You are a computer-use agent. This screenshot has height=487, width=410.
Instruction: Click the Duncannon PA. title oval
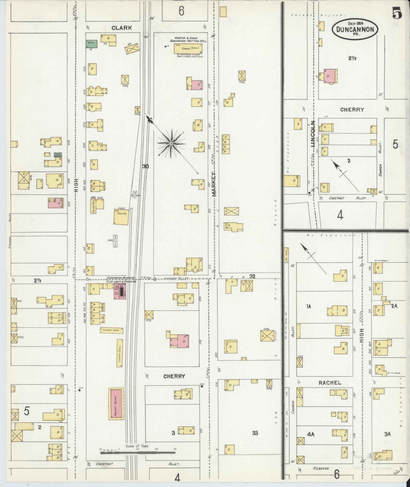[355, 29]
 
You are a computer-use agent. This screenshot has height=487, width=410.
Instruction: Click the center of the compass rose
[171, 144]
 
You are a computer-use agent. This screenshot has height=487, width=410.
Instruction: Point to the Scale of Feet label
[137, 446]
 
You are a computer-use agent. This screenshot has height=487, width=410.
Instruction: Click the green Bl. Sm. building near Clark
[92, 44]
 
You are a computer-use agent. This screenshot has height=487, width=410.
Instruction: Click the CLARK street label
[122, 28]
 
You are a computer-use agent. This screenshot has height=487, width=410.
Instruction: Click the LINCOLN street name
[313, 134]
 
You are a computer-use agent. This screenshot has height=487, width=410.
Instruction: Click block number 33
[255, 432]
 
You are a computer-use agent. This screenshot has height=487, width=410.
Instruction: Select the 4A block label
[311, 434]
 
